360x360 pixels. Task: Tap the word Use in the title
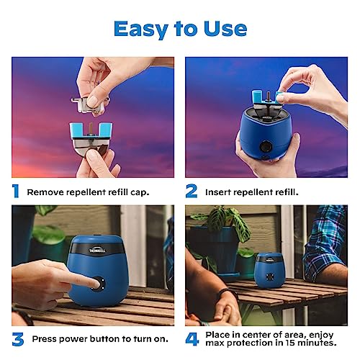point(224,28)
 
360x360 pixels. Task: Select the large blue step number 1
point(16,192)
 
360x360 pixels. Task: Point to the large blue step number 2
point(191,192)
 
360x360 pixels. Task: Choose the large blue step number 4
point(192,339)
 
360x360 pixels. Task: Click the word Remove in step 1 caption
point(45,192)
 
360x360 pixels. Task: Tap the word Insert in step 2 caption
point(220,192)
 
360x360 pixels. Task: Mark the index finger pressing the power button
point(68,279)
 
